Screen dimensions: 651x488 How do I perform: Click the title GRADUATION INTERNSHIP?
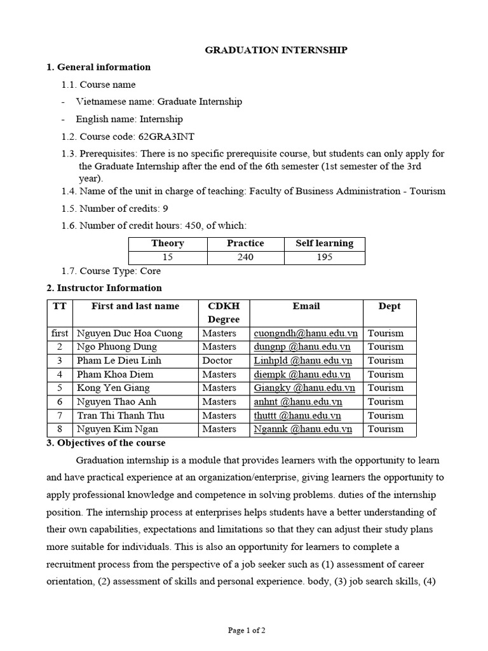(276, 50)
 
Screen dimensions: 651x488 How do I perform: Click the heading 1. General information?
(98, 67)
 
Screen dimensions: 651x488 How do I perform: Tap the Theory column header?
(168, 243)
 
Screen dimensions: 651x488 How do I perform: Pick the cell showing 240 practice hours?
(245, 257)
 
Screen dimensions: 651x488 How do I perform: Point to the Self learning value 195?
(325, 257)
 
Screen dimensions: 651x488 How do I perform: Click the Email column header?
(306, 306)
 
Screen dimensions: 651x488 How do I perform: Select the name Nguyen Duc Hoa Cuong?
(129, 333)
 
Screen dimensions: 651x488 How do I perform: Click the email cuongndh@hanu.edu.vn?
(306, 333)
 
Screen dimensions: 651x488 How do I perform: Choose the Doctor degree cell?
(218, 360)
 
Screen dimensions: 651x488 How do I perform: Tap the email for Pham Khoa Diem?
(302, 374)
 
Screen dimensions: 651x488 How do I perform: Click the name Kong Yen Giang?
(113, 388)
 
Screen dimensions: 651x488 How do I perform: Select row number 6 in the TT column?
(60, 402)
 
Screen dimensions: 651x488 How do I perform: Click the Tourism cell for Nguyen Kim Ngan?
(386, 429)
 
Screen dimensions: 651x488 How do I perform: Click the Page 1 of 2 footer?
(247, 631)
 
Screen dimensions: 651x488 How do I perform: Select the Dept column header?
(390, 306)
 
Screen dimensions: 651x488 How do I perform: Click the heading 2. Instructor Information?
(104, 288)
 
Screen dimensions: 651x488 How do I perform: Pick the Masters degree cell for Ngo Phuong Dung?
(219, 347)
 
